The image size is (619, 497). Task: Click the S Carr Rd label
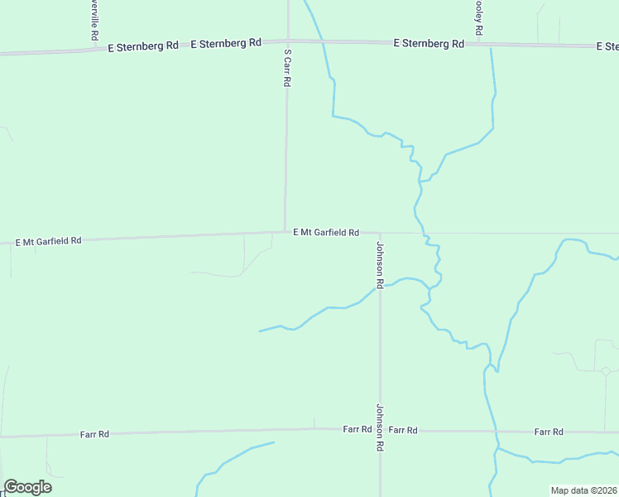(x=287, y=68)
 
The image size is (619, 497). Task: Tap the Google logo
(x=27, y=487)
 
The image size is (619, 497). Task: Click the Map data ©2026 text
(x=583, y=490)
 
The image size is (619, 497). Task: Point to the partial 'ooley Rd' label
(x=477, y=17)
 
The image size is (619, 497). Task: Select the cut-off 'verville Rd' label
(x=93, y=21)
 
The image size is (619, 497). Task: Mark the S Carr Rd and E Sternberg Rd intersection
(x=287, y=40)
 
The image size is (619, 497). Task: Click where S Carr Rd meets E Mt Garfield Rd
(x=286, y=232)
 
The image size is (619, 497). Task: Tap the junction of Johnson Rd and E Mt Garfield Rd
(x=380, y=233)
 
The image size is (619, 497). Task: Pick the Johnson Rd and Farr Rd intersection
(x=380, y=429)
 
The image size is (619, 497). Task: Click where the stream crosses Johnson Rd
(x=380, y=287)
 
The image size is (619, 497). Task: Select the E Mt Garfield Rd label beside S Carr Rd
(x=326, y=233)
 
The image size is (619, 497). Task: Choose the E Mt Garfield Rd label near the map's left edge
(x=49, y=241)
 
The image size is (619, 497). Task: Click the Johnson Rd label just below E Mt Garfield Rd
(x=380, y=265)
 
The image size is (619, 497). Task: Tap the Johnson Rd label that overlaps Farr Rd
(x=380, y=427)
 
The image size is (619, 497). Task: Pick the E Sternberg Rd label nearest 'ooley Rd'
(x=429, y=42)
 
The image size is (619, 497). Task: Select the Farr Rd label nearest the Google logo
(x=94, y=434)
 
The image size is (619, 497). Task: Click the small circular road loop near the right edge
(x=606, y=371)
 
